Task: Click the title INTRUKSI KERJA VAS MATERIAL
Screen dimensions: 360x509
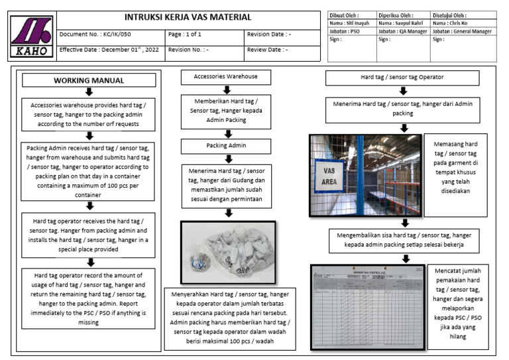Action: coord(188,17)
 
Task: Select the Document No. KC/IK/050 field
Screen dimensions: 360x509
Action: coord(111,34)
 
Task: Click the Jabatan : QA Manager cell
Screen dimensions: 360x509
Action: coord(403,31)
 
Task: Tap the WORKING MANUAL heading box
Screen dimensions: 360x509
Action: coord(89,80)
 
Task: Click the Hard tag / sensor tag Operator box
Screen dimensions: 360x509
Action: coord(402,78)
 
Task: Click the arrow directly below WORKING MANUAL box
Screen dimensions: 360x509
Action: coord(89,92)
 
